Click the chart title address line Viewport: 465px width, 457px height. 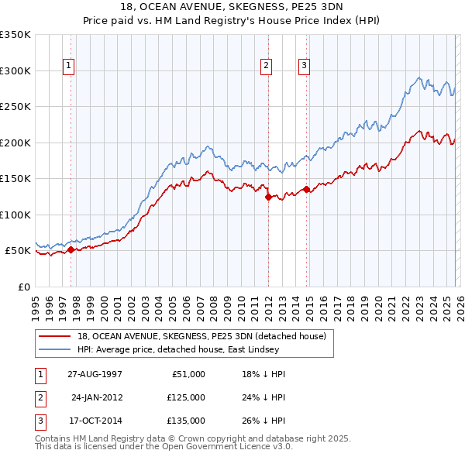[x=232, y=7]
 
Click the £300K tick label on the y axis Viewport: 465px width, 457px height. [x=15, y=70]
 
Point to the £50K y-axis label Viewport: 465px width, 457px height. [x=18, y=251]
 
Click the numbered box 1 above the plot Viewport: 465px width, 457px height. [x=70, y=67]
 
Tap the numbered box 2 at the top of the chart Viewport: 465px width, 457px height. [x=266, y=67]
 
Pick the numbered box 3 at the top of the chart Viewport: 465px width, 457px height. [x=305, y=67]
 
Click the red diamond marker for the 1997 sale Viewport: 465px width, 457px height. [x=71, y=249]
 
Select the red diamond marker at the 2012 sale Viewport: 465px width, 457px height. [x=268, y=197]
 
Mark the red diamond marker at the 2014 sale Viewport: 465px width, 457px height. [x=307, y=189]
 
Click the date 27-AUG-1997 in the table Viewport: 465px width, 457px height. [x=95, y=374]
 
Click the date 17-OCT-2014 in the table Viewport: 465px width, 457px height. [x=95, y=421]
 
